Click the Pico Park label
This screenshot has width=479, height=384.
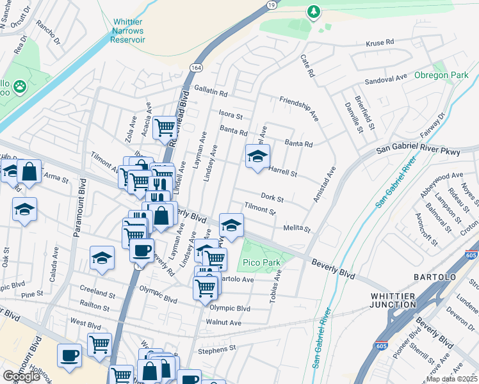(x=261, y=263)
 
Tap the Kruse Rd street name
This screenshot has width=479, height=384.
(x=380, y=43)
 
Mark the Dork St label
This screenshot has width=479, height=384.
(x=272, y=198)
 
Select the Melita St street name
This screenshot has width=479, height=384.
(x=296, y=228)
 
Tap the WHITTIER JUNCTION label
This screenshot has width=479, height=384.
(x=393, y=300)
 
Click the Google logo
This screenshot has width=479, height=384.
(x=21, y=376)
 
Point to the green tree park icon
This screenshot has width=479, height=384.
(x=313, y=11)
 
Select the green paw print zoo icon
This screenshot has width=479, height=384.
(x=20, y=85)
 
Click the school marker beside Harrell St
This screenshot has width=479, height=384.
(x=257, y=156)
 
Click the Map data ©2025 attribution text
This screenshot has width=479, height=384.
(x=452, y=379)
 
